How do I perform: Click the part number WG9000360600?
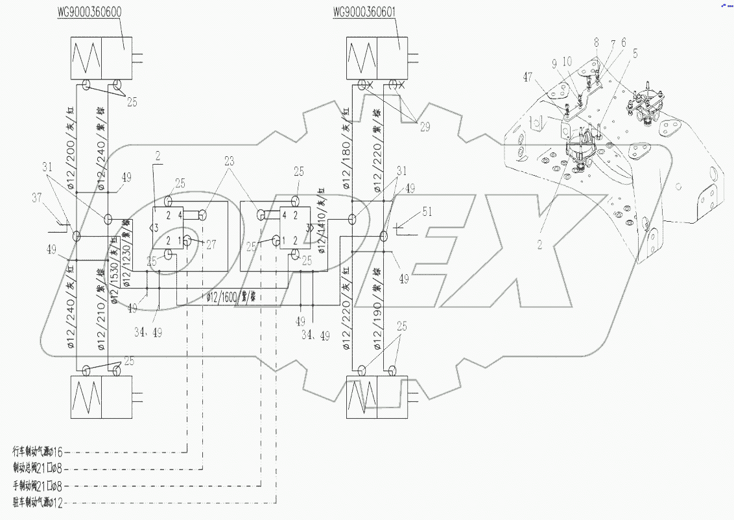pyautogui.click(x=95, y=12)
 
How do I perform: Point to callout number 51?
pyautogui.click(x=426, y=210)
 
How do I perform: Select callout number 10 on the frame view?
pyautogui.click(x=567, y=62)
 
